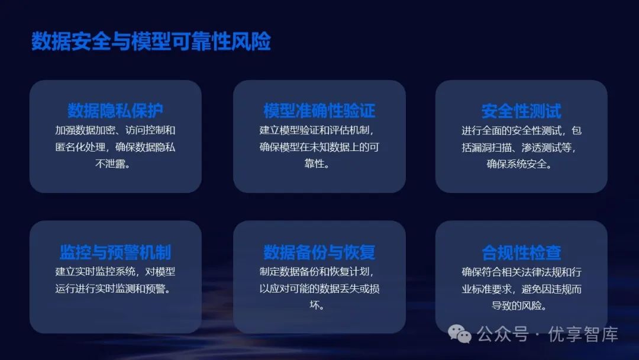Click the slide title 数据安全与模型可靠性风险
[x=151, y=42]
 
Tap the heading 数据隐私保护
[x=115, y=111]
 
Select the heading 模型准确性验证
[x=319, y=111]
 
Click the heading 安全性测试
[x=521, y=111]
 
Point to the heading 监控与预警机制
[x=115, y=252]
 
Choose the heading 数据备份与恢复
[x=319, y=252]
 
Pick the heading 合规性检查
[x=521, y=252]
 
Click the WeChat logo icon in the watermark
[x=460, y=334]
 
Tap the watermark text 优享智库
[x=583, y=335]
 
